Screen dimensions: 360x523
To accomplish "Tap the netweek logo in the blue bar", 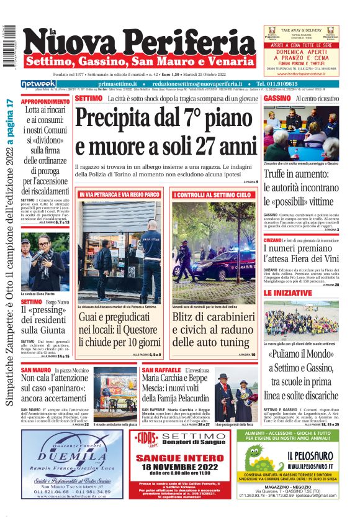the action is [x=38, y=84].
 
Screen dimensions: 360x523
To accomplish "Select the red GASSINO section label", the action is [x=276, y=98].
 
